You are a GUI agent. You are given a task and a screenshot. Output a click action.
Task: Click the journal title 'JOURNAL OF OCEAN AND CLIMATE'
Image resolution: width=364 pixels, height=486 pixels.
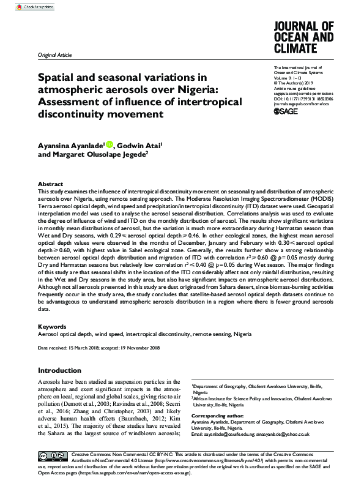303,37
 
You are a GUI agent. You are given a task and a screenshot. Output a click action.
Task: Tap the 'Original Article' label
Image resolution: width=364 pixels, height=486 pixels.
54,55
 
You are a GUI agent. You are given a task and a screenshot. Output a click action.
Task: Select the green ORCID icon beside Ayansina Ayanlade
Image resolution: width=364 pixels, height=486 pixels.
110,144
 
